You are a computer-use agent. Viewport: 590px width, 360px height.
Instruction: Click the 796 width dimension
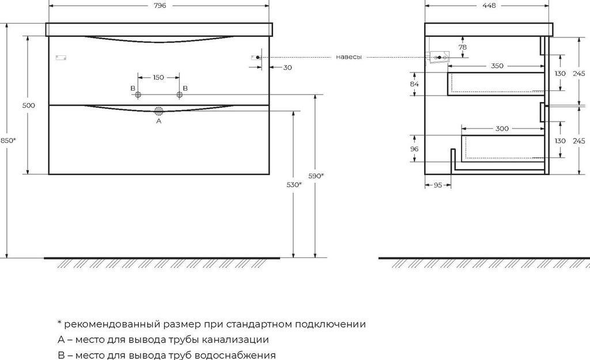tap(160, 5)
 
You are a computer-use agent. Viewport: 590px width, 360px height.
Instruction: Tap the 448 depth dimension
tap(489, 5)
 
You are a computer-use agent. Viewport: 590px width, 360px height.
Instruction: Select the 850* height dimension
tap(8, 141)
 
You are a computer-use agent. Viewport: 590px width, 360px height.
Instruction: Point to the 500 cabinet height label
tap(29, 105)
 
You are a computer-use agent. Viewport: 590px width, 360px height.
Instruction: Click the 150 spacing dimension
tap(158, 77)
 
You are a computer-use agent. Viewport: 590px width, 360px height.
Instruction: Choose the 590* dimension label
tap(315, 176)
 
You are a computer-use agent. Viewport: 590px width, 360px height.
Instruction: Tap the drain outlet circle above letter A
tap(159, 111)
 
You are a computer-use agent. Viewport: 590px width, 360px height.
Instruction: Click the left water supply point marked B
tap(138, 96)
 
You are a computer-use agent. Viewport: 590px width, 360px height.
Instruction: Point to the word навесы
tap(349, 57)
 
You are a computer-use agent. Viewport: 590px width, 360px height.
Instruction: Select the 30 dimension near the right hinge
tap(288, 67)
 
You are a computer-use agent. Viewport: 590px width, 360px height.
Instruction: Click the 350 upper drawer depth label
tap(497, 66)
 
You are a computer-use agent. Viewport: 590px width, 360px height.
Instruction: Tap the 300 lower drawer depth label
tap(502, 128)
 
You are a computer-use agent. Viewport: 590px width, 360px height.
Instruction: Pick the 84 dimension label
tap(414, 84)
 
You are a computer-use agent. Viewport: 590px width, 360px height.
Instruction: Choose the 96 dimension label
tap(414, 148)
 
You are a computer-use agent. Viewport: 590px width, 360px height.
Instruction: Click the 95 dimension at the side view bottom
tap(437, 185)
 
